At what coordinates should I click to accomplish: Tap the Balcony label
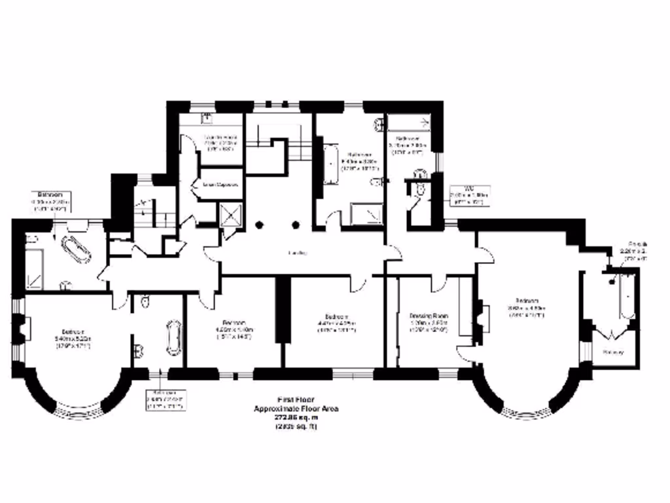click(x=613, y=352)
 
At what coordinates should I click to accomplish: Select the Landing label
click(x=299, y=253)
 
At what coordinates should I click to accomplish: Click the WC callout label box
click(x=469, y=195)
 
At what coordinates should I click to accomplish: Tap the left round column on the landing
click(x=260, y=225)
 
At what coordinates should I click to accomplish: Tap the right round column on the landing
click(x=296, y=225)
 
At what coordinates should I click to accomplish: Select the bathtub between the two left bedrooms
click(x=173, y=337)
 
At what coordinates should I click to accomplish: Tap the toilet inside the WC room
click(x=420, y=189)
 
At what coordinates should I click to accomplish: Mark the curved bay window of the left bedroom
click(x=78, y=412)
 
